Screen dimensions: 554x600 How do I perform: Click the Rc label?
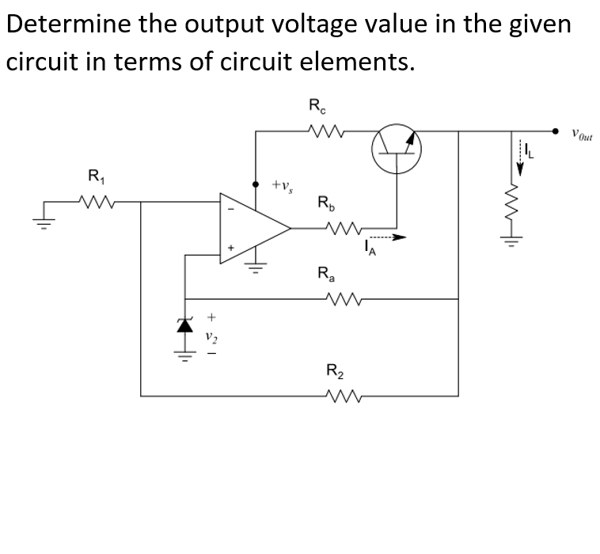[x=315, y=104]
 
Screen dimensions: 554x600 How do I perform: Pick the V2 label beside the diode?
[x=211, y=336]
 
